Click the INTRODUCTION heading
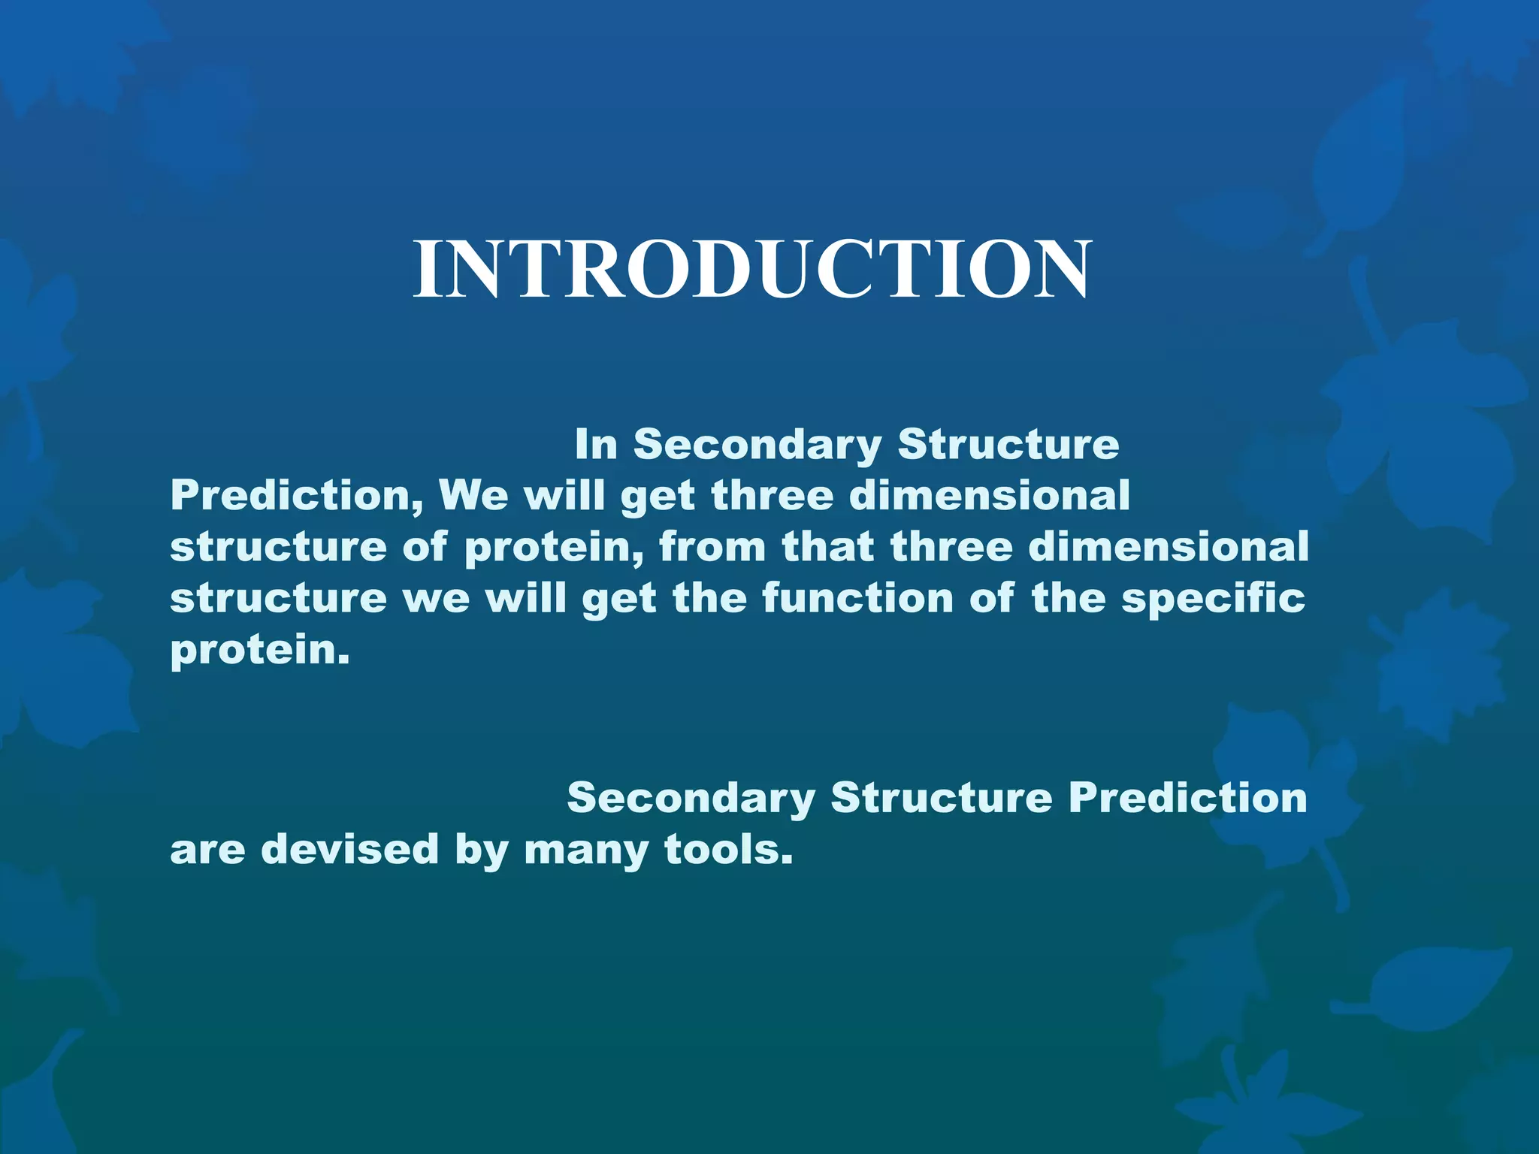[751, 269]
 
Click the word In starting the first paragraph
[596, 444]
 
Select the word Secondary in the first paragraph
[757, 444]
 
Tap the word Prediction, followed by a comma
[296, 496]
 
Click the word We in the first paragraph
[473, 496]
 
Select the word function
[857, 598]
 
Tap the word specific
[1213, 598]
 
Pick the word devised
[349, 850]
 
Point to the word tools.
[728, 850]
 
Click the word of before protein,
[425, 547]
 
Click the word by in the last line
[481, 850]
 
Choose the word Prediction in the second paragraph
[1187, 798]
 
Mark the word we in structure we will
[436, 598]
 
